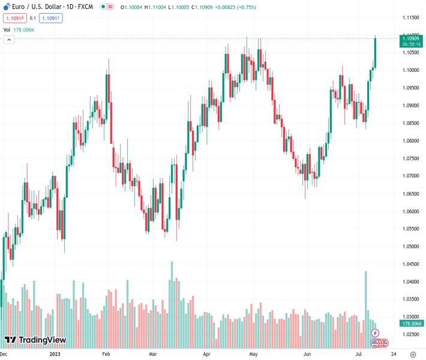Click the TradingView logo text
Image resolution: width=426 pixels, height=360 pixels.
[42, 340]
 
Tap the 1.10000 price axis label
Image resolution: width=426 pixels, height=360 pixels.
[411, 70]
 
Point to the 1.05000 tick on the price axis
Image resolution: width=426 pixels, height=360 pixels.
[411, 247]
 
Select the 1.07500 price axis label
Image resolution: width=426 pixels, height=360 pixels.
[411, 158]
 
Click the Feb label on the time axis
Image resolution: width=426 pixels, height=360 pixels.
[106, 355]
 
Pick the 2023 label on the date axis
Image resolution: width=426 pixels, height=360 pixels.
[55, 355]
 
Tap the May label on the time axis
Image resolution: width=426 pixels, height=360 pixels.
[253, 355]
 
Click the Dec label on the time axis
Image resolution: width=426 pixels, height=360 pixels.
[4, 355]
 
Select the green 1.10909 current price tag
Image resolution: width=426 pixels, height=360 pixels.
[411, 38]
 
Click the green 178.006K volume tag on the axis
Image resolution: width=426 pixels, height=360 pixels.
[411, 323]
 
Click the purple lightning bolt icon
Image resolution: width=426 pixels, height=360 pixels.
[376, 333]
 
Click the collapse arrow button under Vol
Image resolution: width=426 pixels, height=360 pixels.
[9, 40]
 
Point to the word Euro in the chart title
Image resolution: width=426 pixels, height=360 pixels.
[19, 7]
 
